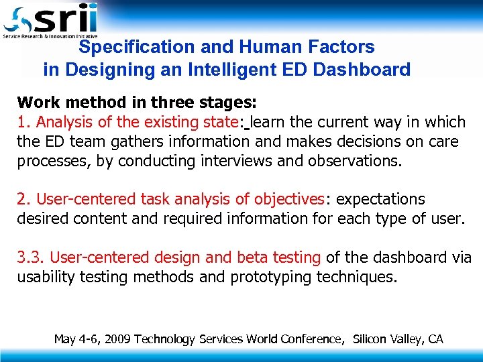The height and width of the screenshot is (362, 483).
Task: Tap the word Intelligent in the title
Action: [237, 69]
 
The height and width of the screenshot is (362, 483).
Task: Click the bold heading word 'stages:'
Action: [229, 103]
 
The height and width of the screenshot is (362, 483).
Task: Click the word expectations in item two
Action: [380, 199]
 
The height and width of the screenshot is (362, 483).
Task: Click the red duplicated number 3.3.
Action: [31, 257]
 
